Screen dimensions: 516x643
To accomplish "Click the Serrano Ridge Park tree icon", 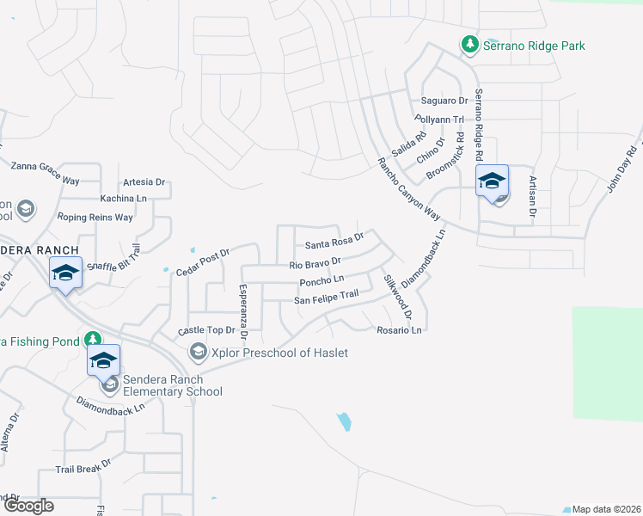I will tap(469, 44).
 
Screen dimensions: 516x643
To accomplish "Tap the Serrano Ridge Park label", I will tap(533, 45).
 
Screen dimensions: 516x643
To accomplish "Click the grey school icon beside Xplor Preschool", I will tap(199, 353).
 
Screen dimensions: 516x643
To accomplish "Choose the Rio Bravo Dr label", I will tap(315, 261).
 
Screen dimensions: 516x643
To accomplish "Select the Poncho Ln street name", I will tap(321, 280).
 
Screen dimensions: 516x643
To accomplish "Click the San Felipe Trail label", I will tap(326, 298).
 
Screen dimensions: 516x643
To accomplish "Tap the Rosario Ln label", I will tap(399, 329).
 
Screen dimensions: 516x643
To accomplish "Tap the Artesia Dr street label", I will tap(144, 181).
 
